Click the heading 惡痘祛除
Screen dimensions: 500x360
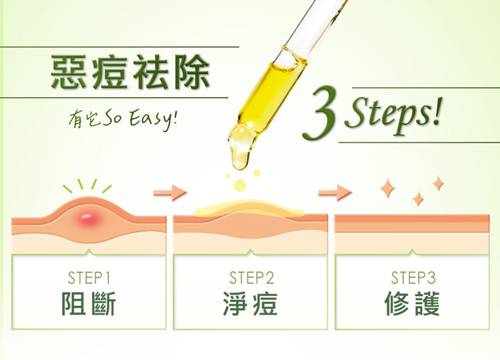point(130,72)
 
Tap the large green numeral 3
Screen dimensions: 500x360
point(320,114)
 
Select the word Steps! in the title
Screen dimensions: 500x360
point(393,113)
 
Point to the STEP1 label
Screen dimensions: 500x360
point(89,278)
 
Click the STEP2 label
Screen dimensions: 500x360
point(251,278)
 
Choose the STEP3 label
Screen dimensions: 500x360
point(413,278)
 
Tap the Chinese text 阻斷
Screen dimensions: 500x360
point(88,303)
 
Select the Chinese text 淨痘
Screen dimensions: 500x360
point(250,303)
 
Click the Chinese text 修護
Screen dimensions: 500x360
point(412,303)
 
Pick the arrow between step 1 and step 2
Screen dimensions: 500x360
point(170,193)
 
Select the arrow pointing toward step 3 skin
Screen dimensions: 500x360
point(335,193)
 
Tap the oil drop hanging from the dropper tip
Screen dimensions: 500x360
point(241,146)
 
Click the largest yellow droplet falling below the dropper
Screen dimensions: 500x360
point(240,185)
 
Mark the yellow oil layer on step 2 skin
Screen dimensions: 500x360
point(249,210)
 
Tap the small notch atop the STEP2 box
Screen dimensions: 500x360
point(250,252)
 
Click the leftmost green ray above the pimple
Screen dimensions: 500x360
point(67,189)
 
